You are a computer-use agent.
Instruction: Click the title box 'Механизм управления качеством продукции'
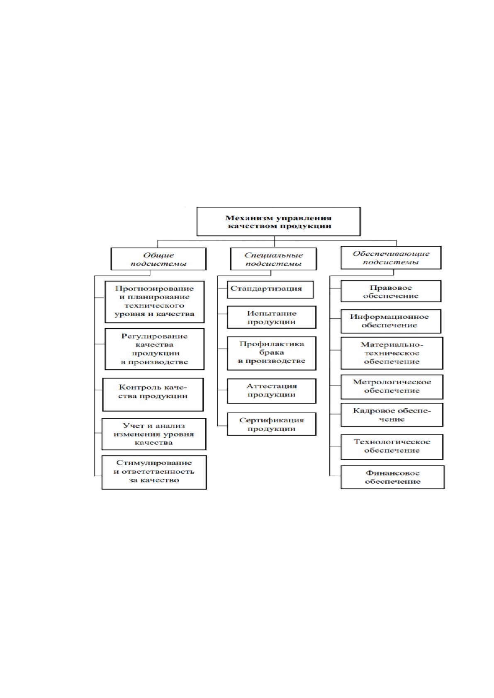[278, 222]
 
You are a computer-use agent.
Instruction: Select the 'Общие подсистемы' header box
[158, 259]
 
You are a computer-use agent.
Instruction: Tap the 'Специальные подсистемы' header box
[273, 259]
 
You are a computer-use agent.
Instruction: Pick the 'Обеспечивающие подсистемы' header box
[391, 258]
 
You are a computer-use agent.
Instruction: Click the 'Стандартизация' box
[270, 289]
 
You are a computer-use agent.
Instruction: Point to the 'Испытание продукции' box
[271, 317]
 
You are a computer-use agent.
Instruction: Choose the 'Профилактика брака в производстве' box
[271, 353]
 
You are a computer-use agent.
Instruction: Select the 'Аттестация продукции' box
[271, 391]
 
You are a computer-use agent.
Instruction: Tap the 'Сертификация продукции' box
[271, 424]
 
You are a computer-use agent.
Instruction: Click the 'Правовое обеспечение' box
[391, 291]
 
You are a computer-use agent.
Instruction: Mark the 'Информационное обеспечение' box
[391, 321]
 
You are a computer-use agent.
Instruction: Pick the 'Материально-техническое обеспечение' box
[392, 353]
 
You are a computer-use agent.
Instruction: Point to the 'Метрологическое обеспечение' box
[392, 387]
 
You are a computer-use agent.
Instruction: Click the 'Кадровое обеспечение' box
[392, 415]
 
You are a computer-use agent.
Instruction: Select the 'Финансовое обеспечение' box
[392, 477]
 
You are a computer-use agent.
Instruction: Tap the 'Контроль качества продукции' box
[153, 395]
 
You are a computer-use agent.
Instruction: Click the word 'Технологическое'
[392, 441]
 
